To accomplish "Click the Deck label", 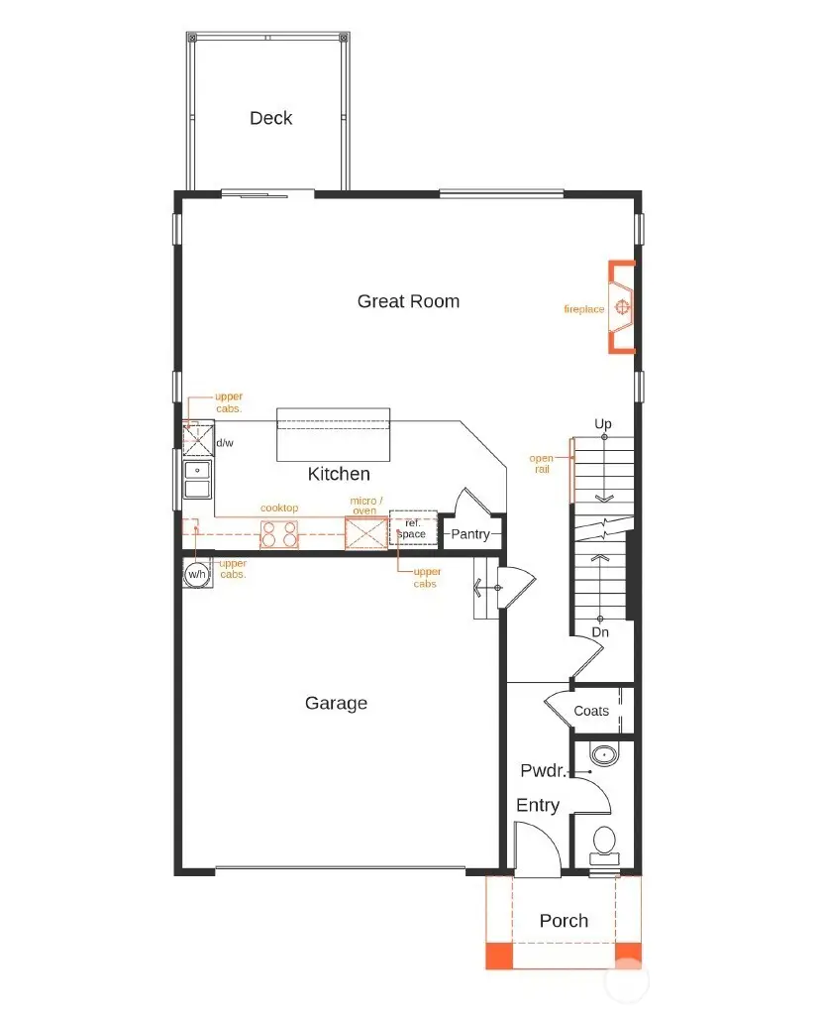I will coord(270,118).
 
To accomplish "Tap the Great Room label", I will coord(408,301).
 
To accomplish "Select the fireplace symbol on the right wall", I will coord(622,307).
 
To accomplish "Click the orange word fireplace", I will coord(584,310).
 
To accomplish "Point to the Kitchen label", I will coord(339,474).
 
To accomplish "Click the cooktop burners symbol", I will coord(279,535).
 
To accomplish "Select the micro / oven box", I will coord(363,533).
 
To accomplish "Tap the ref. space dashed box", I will coord(412,529).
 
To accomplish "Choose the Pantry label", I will coord(470,534).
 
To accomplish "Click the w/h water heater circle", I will coord(197,574).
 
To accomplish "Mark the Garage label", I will coord(336,703).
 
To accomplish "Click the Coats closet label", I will coord(591,711).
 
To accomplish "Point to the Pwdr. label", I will coord(542,770).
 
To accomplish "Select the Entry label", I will coord(538,806).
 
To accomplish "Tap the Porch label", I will coord(564,921).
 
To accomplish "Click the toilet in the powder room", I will coord(603,845).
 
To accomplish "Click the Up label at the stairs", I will coord(603,424).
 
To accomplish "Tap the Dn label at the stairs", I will coord(600,631).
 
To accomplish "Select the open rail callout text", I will coord(542,464).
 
